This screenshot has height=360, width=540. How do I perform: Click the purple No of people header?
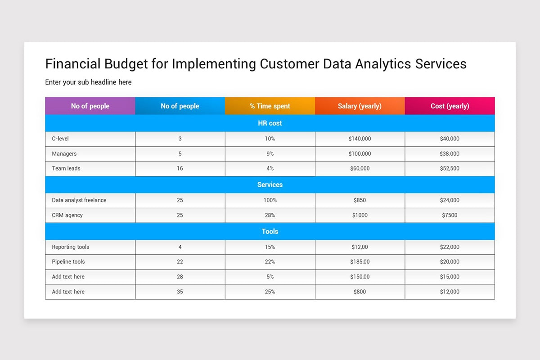(90, 106)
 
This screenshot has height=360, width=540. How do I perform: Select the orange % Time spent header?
(270, 106)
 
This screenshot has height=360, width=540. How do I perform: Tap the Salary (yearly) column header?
(360, 106)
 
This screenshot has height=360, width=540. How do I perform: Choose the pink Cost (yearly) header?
(450, 106)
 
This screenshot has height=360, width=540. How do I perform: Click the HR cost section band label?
(270, 123)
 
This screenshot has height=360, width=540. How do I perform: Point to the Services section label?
(270, 184)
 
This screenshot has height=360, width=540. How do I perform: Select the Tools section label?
(270, 231)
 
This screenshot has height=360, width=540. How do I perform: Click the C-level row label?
(60, 139)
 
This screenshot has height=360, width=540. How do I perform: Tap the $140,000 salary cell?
(360, 139)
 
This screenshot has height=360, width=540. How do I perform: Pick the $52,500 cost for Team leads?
(450, 168)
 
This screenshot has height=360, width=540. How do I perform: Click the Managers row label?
(64, 153)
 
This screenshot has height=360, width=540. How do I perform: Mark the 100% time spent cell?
(270, 200)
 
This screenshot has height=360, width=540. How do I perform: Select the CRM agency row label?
(67, 215)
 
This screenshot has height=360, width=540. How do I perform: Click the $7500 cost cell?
(450, 215)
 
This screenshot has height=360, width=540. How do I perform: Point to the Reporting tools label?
(71, 247)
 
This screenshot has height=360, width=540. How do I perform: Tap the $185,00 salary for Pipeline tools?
(360, 261)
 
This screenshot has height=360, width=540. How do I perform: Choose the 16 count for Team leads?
(180, 168)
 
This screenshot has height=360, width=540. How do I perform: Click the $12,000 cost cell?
(450, 292)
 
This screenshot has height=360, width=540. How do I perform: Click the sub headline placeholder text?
(88, 82)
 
